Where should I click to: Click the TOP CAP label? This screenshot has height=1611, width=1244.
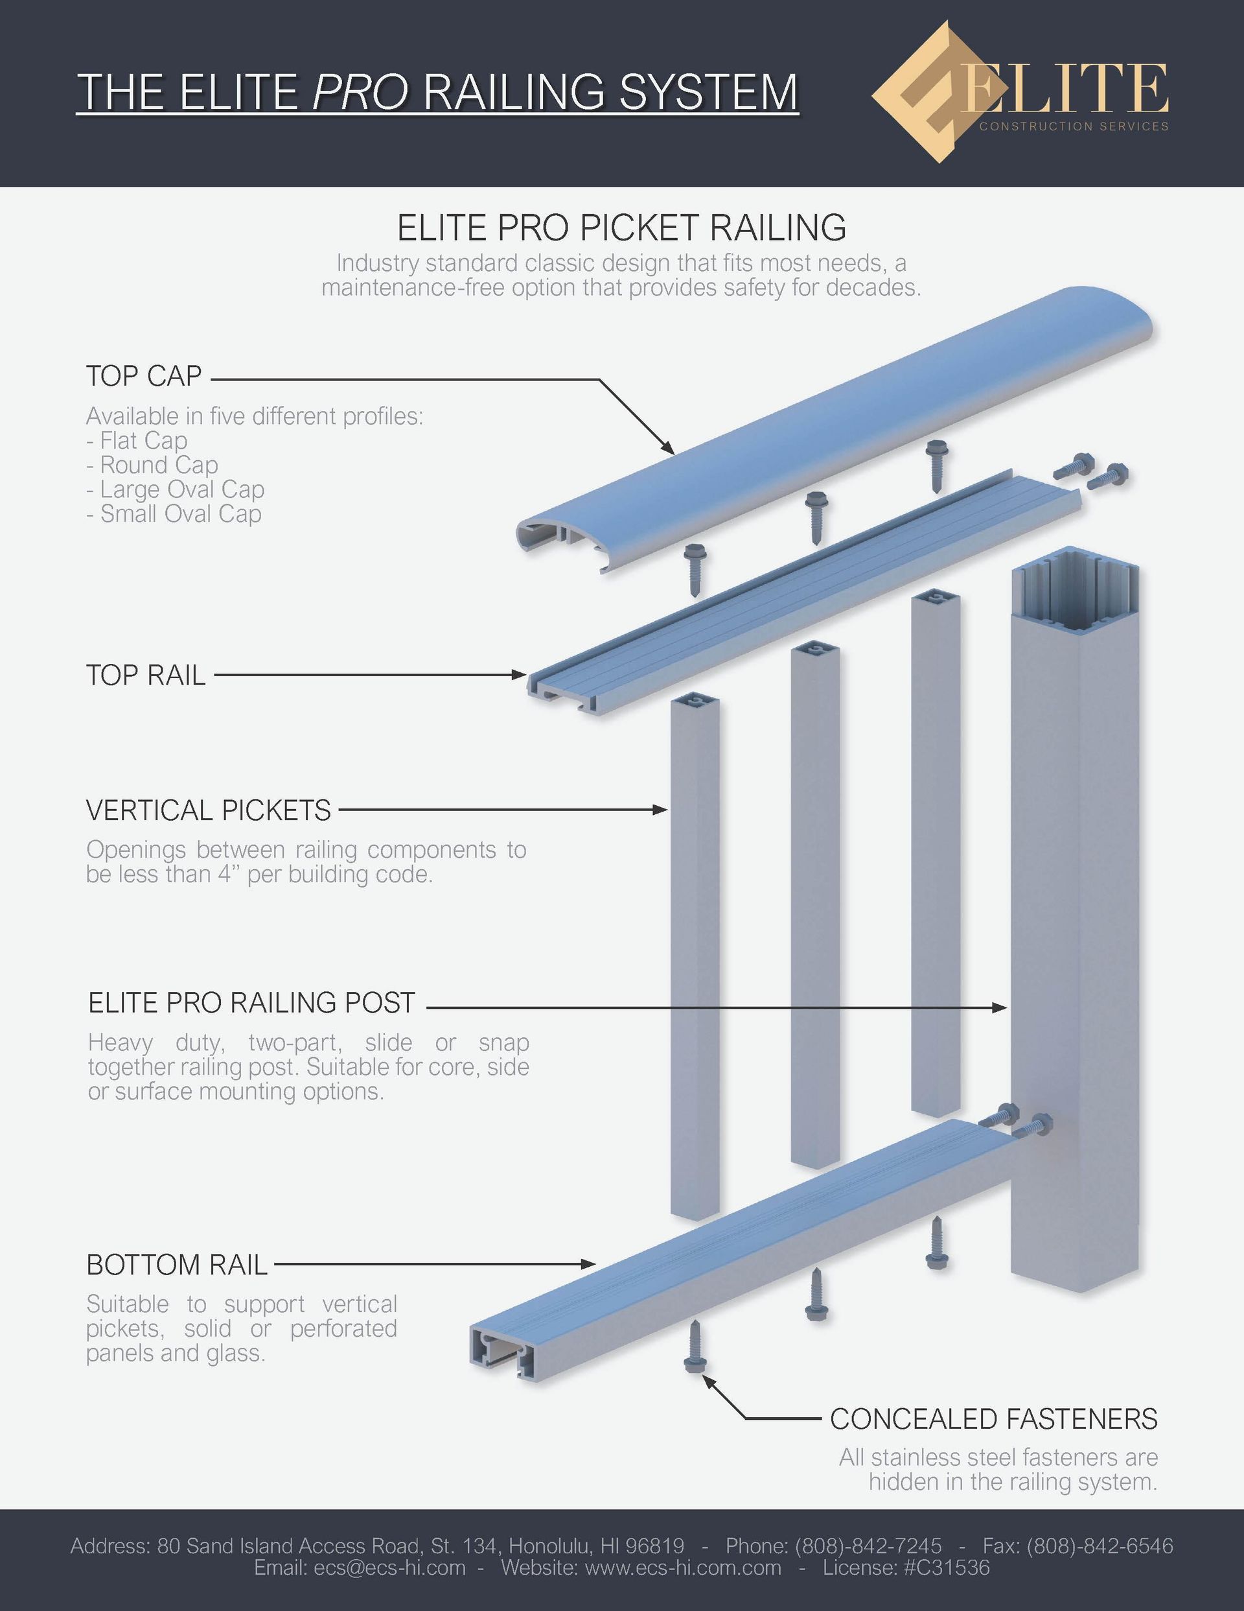click(x=144, y=376)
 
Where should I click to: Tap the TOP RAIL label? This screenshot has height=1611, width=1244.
click(x=146, y=675)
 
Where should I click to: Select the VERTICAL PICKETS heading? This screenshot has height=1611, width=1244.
click(x=209, y=810)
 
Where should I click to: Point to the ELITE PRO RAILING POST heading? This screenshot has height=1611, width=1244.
click(x=252, y=1002)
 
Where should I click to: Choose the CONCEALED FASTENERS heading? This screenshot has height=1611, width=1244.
click(x=994, y=1418)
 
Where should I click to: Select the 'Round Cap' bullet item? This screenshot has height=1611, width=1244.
click(x=152, y=465)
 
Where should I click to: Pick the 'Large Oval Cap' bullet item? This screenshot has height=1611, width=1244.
click(x=175, y=489)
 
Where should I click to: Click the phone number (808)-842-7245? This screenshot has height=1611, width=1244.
click(x=868, y=1546)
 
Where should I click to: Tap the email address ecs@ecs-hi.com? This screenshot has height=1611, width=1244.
click(x=389, y=1568)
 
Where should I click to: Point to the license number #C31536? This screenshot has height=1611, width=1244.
click(x=947, y=1568)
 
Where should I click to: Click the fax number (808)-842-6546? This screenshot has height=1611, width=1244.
click(x=1100, y=1546)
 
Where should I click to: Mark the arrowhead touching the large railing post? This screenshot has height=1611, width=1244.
click(x=1000, y=1007)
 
